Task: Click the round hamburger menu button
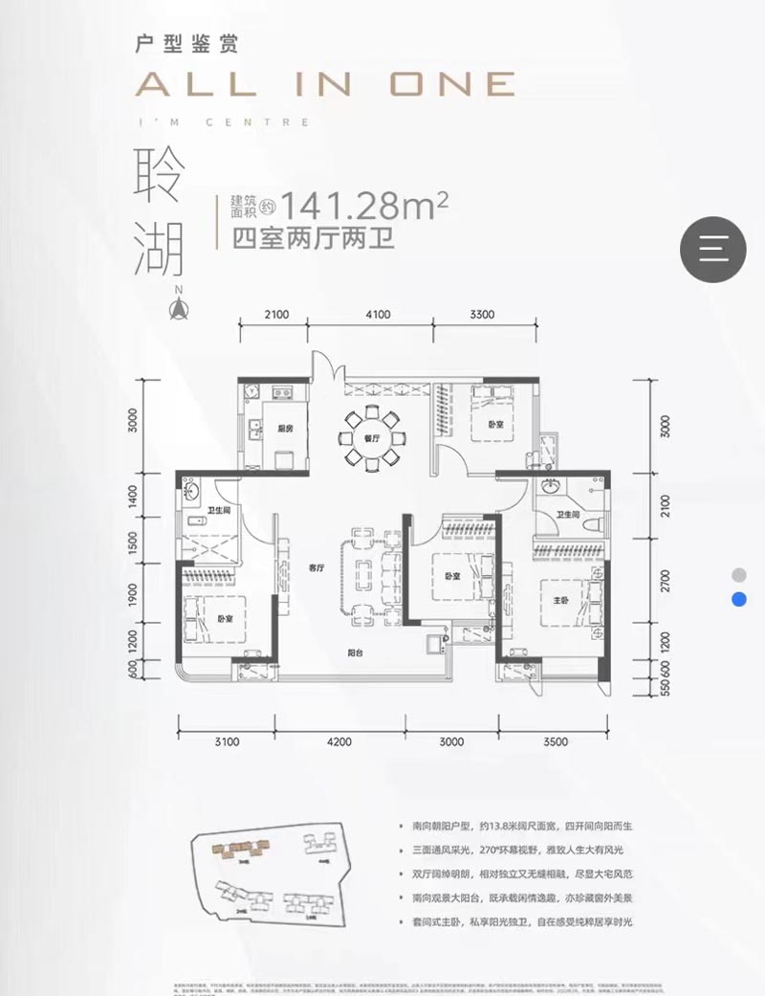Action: coord(712,249)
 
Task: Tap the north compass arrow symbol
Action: coord(176,307)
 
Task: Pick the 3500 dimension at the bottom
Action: coord(555,741)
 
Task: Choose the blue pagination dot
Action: coord(738,600)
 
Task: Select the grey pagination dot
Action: coord(738,575)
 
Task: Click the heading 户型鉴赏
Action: coord(187,43)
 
